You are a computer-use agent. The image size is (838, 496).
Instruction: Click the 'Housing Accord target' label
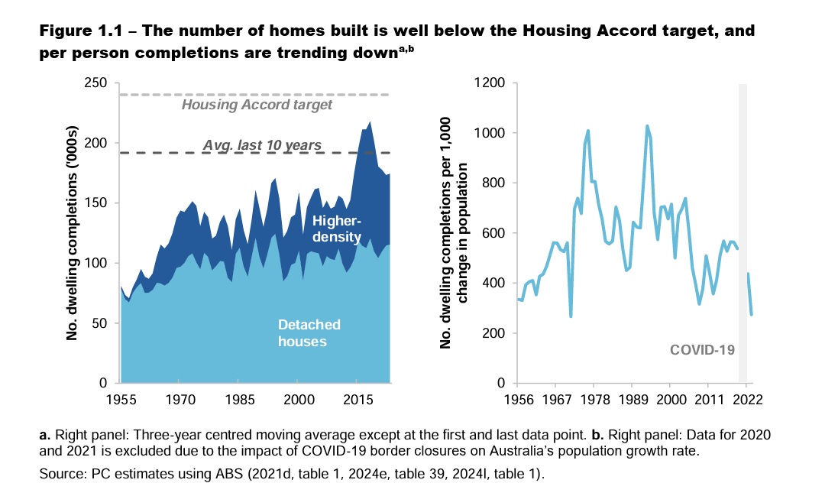[257, 105]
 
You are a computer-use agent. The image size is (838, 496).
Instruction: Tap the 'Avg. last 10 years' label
[261, 144]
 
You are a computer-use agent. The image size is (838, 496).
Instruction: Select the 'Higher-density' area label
[336, 229]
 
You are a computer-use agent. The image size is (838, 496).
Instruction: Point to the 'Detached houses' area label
[302, 333]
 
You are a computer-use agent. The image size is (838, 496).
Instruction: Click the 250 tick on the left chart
[100, 83]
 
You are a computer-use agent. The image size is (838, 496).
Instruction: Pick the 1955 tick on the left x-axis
[121, 399]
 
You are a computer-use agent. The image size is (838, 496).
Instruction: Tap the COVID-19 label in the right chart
[702, 350]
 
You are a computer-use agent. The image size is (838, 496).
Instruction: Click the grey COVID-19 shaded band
[742, 229]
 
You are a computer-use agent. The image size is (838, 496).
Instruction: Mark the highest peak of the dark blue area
[370, 122]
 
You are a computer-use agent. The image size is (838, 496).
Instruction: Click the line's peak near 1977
[587, 131]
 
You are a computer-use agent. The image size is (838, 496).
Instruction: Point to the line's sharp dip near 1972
[571, 316]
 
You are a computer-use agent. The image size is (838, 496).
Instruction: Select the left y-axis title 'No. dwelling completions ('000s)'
[73, 233]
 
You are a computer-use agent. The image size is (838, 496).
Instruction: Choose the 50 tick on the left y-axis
[104, 323]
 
